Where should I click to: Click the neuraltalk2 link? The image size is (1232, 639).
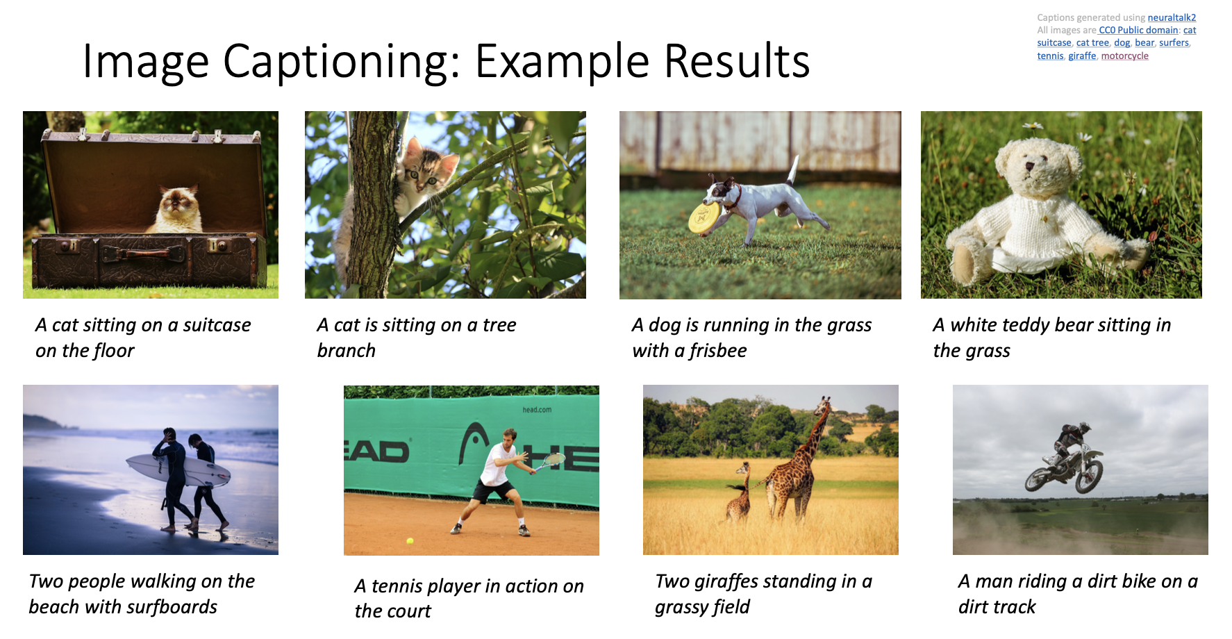pyautogui.click(x=1172, y=17)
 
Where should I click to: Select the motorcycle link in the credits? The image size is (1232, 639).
pyautogui.click(x=1124, y=56)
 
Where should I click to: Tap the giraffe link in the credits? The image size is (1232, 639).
pyautogui.click(x=1082, y=56)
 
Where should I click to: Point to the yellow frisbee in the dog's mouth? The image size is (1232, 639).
pyautogui.click(x=702, y=217)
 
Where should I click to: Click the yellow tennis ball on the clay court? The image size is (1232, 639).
pyautogui.click(x=410, y=540)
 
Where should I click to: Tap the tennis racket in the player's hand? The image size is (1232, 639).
pyautogui.click(x=549, y=461)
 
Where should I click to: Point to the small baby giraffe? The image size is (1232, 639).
pyautogui.click(x=739, y=492)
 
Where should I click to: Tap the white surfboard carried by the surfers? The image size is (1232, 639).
pyautogui.click(x=178, y=470)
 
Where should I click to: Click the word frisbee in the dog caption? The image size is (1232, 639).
pyautogui.click(x=718, y=351)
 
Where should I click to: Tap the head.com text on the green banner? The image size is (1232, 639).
pyautogui.click(x=537, y=410)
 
